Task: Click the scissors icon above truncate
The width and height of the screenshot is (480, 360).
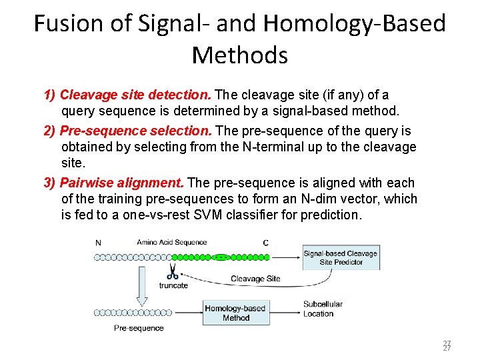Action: [172, 272]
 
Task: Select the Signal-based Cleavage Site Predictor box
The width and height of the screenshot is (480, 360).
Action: [340, 257]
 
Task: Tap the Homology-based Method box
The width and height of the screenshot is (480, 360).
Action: [236, 313]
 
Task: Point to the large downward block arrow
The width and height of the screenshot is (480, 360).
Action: [142, 284]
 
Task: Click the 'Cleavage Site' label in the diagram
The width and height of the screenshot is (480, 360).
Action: [255, 279]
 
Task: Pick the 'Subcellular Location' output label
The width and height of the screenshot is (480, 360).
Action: [323, 309]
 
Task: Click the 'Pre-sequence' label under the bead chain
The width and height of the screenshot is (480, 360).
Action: [139, 328]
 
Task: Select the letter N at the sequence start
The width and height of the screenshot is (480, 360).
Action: [99, 243]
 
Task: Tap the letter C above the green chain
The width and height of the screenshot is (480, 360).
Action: [266, 243]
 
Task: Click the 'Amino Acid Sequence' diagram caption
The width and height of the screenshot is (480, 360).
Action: [172, 242]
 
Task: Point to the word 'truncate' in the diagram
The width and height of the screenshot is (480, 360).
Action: [173, 285]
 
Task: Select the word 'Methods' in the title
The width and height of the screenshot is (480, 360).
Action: [240, 55]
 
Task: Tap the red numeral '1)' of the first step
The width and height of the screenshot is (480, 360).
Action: [50, 95]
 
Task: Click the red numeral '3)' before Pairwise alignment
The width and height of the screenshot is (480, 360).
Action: [50, 183]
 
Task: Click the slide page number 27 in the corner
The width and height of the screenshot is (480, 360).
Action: [447, 345]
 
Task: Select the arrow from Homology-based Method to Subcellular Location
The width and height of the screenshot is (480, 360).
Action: [285, 311]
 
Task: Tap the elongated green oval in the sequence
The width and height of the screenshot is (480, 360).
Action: [220, 256]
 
